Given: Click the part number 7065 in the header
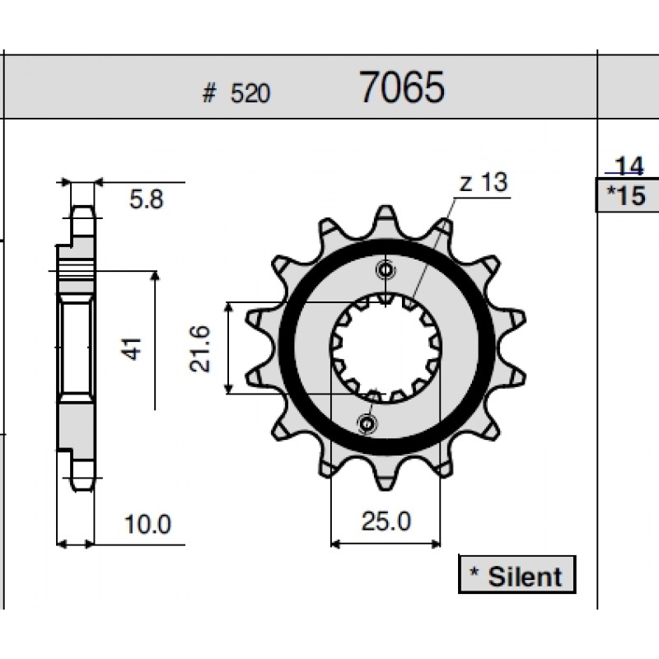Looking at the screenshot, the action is tap(402, 87).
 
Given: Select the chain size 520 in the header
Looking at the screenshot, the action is tap(250, 93).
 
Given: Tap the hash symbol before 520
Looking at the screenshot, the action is tap(209, 93).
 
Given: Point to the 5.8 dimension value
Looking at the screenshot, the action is tap(147, 199).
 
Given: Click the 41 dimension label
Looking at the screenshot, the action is tap(133, 348).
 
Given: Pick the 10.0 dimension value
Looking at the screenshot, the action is tap(147, 524).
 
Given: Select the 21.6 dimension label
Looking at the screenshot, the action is tap(199, 348).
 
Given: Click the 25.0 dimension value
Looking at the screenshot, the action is tap(386, 521).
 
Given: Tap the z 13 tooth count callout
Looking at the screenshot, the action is tap(484, 182).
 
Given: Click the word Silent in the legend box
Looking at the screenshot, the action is tap(525, 576).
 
